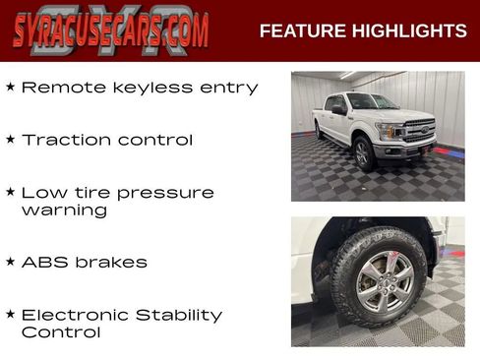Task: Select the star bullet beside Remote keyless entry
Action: click(x=10, y=87)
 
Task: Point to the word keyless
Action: click(x=142, y=89)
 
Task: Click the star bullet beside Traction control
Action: click(x=10, y=140)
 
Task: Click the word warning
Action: click(x=64, y=210)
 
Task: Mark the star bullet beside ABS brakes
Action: click(x=10, y=262)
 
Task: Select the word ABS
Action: click(x=43, y=263)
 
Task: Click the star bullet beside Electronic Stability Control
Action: click(x=10, y=315)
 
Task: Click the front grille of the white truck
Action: click(x=420, y=130)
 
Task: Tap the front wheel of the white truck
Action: click(x=363, y=152)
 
